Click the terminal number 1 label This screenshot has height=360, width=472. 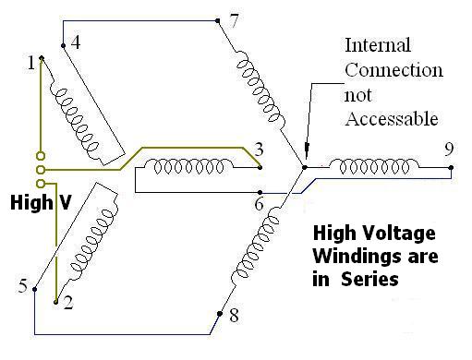(x=31, y=63)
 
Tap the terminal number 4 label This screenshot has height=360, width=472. (x=75, y=42)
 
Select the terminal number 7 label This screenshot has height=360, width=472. (x=235, y=22)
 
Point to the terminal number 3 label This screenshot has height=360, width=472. (x=259, y=150)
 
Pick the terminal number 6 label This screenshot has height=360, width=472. (x=260, y=205)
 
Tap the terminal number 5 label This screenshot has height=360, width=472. (x=22, y=285)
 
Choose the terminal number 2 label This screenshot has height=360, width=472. (x=67, y=304)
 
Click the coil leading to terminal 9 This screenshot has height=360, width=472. (x=374, y=166)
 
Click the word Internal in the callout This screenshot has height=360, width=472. (x=375, y=44)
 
